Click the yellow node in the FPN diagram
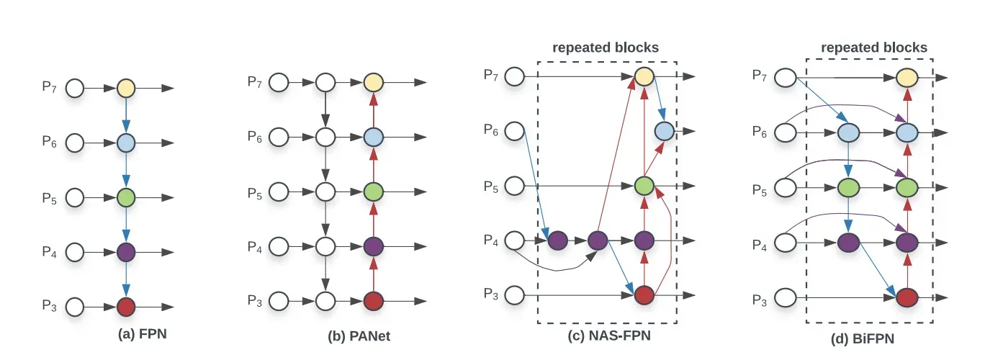pos(126,89)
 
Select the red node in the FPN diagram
pos(126,307)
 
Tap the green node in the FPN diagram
pos(126,197)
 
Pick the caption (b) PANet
pos(359,335)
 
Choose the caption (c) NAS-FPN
pos(606,335)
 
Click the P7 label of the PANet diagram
pos(254,82)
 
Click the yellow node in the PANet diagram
pos(372,82)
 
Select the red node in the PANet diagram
pos(372,300)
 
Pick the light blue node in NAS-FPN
pos(664,130)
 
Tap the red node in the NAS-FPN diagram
pos(644,294)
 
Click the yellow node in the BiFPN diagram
pos(907,77)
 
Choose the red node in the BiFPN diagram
pos(907,296)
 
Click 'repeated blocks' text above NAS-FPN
pos(606,48)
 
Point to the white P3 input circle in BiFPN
pos(786,296)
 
